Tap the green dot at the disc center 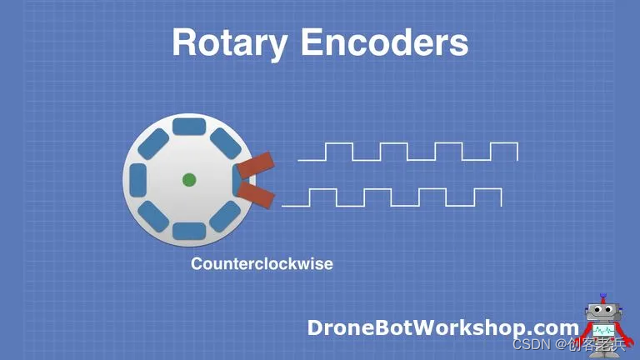[189, 179]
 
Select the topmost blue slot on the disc [189, 128]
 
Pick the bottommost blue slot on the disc [189, 230]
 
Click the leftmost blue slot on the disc [138, 179]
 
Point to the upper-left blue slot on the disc [153, 143]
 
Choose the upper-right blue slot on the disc [225, 143]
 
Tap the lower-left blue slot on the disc [153, 215]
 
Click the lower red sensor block [256, 194]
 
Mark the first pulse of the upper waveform [339, 151]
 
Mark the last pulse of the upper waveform [503, 151]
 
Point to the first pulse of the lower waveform [323, 197]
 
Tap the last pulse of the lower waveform [487, 197]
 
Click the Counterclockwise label [262, 264]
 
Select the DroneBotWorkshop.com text [442, 327]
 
